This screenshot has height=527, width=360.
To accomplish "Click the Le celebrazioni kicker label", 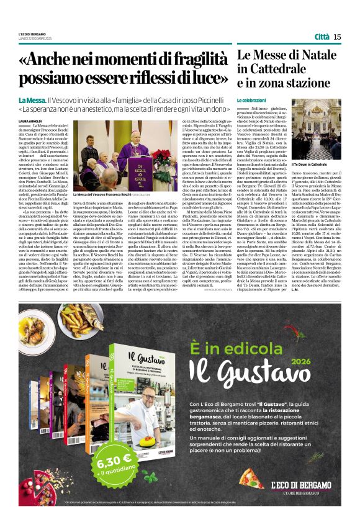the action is point(251,100).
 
